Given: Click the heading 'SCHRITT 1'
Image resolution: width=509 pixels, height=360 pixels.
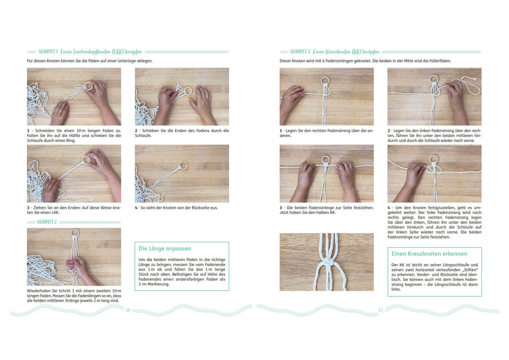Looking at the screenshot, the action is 48,52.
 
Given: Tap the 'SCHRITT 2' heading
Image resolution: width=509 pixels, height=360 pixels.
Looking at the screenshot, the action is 47,222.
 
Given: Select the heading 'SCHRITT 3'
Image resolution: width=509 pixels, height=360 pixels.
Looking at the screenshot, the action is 300,52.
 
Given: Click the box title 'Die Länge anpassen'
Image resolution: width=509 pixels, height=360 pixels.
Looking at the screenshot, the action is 165,249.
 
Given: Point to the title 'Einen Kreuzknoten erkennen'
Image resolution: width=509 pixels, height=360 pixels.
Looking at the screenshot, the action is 429,254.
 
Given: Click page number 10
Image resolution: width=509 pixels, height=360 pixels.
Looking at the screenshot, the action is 128,311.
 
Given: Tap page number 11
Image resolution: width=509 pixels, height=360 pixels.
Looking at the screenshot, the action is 381,311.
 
